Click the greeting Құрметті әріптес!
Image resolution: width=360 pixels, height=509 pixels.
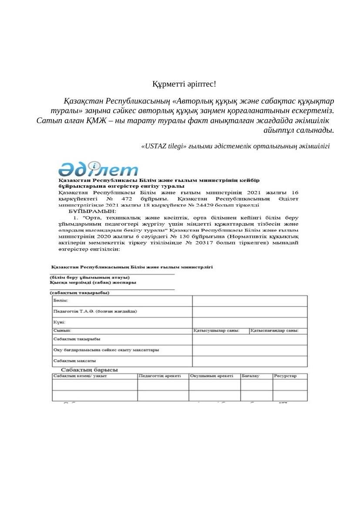pyautogui.click(x=184, y=84)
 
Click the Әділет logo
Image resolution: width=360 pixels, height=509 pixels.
pyautogui.click(x=98, y=169)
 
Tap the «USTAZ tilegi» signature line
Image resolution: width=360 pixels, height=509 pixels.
pyautogui.click(x=236, y=146)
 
